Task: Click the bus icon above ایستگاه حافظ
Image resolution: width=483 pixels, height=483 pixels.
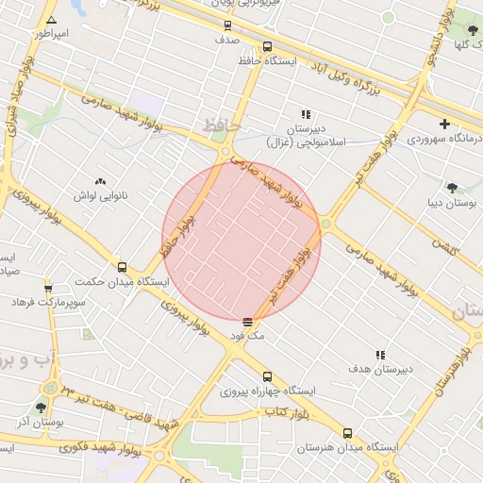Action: click(267, 46)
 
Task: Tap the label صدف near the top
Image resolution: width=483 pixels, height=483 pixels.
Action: click(227, 41)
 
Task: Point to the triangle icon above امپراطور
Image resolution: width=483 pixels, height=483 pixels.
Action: click(50, 19)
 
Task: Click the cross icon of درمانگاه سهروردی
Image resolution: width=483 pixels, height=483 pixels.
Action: click(444, 124)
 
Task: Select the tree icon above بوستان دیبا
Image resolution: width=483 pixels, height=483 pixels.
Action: click(452, 188)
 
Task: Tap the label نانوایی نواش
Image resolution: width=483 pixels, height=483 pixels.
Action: click(100, 195)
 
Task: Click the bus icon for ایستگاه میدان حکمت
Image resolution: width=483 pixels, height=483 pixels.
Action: click(122, 267)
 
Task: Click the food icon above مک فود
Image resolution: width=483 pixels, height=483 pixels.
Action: click(247, 321)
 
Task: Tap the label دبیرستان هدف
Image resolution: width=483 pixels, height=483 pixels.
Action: click(379, 369)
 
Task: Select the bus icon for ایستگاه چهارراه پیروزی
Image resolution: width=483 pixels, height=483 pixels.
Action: click(267, 375)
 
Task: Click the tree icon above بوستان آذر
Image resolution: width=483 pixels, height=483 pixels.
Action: click(41, 408)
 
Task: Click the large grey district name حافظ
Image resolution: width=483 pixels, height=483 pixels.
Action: click(223, 125)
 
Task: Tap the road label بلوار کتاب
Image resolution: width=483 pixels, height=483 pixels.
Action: click(289, 412)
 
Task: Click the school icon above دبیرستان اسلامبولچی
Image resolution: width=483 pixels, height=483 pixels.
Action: click(305, 114)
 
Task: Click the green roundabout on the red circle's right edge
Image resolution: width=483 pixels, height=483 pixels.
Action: click(326, 225)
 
